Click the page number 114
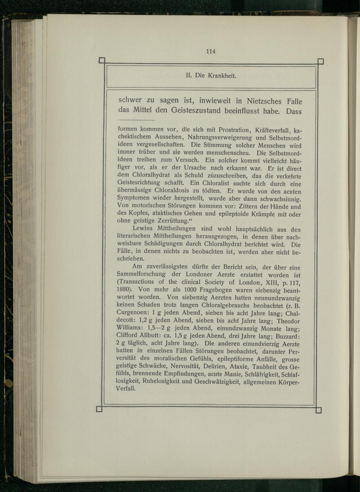(x=211, y=51)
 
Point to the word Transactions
(x=137, y=282)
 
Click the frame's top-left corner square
(x=102, y=61)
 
